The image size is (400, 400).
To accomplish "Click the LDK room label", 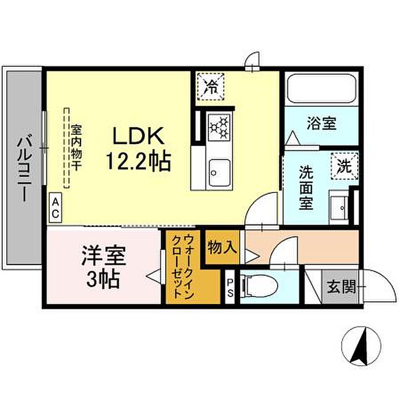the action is pyautogui.click(x=138, y=136).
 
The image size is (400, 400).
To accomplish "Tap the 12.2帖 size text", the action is pyautogui.click(x=138, y=161).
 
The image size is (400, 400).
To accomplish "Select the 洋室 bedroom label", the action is pyautogui.click(x=103, y=255).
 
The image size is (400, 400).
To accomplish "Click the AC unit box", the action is pyautogui.click(x=55, y=209).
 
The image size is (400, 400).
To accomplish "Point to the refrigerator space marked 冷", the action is pyautogui.click(x=211, y=87).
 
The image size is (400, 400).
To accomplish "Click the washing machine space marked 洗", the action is pyautogui.click(x=345, y=166).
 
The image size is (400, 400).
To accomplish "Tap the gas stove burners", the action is pyautogui.click(x=219, y=127).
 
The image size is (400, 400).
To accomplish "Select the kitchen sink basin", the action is pyautogui.click(x=219, y=173).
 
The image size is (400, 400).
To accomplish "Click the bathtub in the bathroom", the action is pyautogui.click(x=321, y=89).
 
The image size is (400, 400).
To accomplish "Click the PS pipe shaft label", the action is pyautogui.click(x=230, y=288).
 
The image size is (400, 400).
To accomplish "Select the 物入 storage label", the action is pyautogui.click(x=222, y=247).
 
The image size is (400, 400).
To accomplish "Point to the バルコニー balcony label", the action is pyautogui.click(x=24, y=169).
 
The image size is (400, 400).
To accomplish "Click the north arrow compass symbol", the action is pyautogui.click(x=361, y=347).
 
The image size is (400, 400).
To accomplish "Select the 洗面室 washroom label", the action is pyautogui.click(x=306, y=188).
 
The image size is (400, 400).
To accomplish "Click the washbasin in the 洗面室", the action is pyautogui.click(x=339, y=207).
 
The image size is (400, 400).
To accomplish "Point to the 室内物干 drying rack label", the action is pyautogui.click(x=76, y=147).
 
